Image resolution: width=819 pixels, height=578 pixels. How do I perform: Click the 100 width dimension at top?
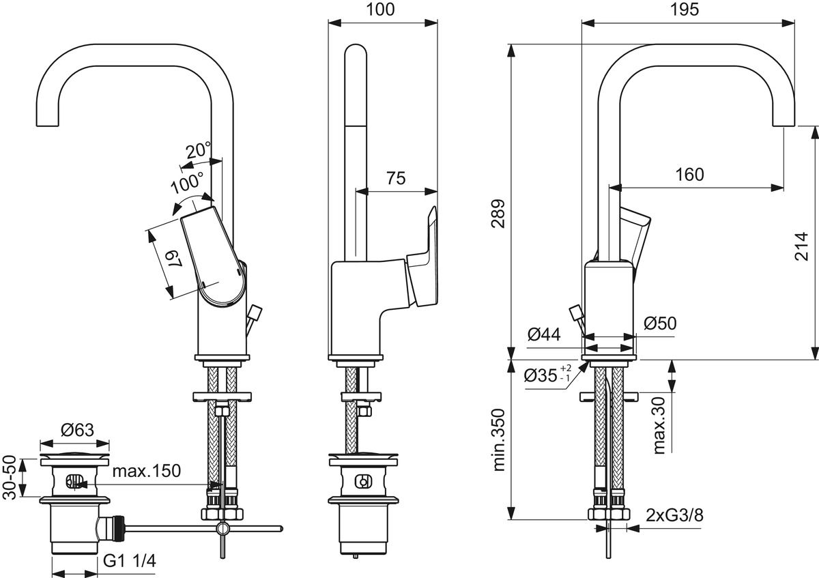click(x=382, y=10)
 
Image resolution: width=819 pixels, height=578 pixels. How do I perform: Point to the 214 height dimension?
click(x=801, y=246)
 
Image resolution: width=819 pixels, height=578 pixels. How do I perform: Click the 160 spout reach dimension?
click(x=689, y=175)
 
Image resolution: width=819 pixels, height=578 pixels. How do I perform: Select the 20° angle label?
click(x=199, y=150)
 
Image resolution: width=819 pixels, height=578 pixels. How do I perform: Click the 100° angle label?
click(x=187, y=182)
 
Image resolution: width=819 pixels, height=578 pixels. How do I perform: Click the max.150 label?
click(x=146, y=471)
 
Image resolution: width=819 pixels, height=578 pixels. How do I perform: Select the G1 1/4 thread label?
click(x=130, y=562)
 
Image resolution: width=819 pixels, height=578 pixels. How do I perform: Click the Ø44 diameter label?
click(x=544, y=334)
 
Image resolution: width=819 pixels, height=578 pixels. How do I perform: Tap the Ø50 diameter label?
click(x=659, y=323)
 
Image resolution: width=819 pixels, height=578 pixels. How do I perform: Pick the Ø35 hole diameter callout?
click(x=546, y=376)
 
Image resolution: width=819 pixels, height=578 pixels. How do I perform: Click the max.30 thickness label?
click(x=659, y=425)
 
